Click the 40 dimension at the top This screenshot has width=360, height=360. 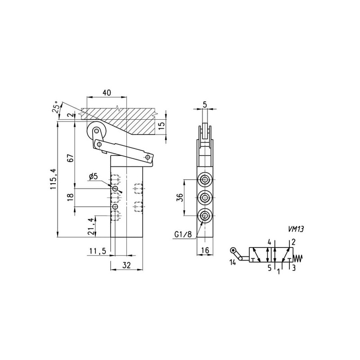[107, 93]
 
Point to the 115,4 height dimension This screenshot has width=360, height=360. [53, 179]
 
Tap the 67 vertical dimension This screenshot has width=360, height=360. [71, 158]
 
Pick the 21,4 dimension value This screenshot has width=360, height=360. [92, 226]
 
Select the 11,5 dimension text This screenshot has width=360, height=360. [98, 252]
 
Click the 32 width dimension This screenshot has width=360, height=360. [126, 265]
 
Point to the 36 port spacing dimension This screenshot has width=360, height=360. [180, 198]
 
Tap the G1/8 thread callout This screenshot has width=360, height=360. [183, 234]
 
